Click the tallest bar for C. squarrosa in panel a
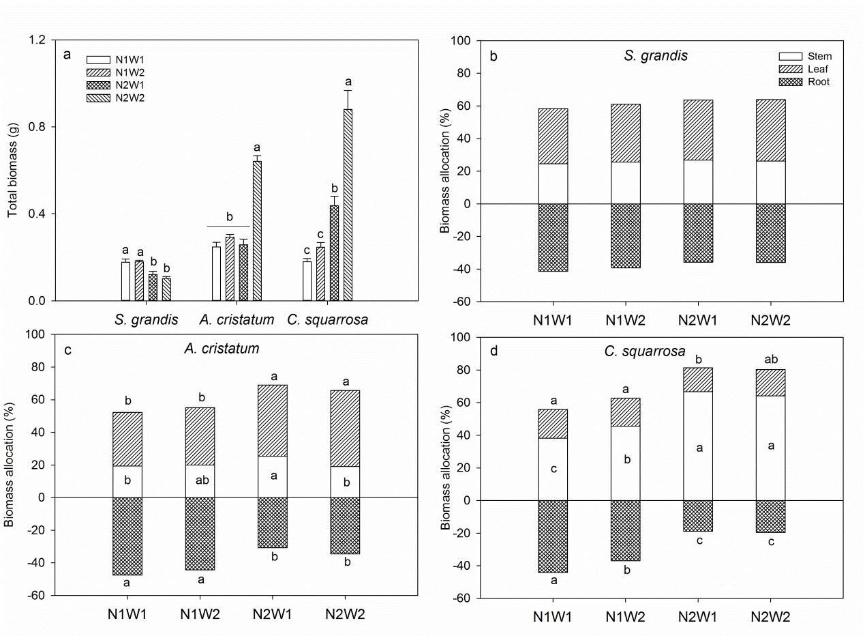click(348, 205)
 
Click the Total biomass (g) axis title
click(13, 171)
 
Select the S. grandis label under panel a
click(147, 319)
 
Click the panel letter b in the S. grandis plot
click(494, 56)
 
